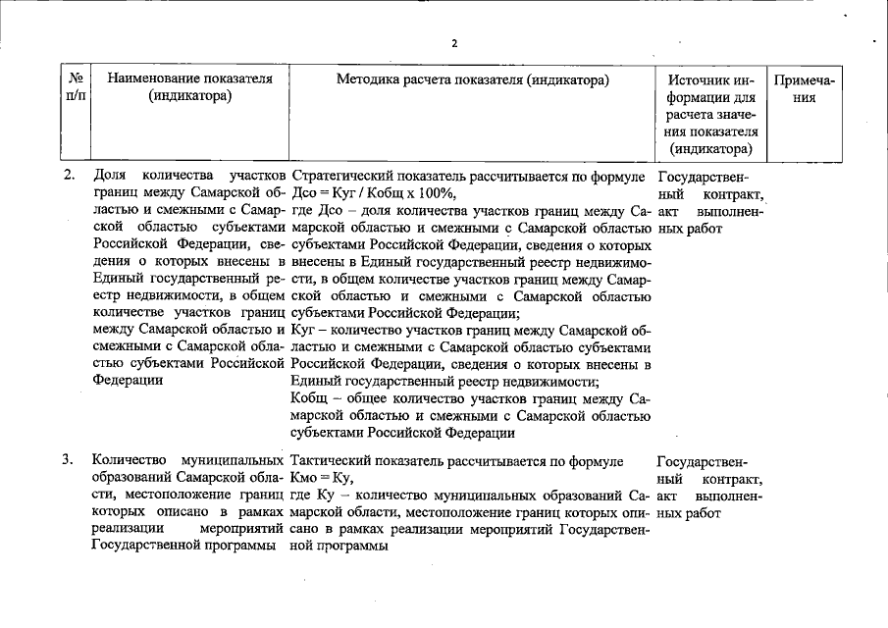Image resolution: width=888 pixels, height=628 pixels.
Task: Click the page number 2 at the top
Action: pos(454,43)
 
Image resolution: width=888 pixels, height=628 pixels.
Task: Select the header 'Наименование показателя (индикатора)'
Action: pos(190,87)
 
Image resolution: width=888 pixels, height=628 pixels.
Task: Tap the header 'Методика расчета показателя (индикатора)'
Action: pos(472,78)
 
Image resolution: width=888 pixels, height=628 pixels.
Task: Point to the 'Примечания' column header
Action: pos(804,87)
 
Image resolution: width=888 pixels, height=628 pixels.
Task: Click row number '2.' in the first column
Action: pos(70,176)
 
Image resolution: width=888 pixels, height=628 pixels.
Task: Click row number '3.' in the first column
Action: pos(70,460)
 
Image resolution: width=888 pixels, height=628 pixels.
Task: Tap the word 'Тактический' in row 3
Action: pos(329,460)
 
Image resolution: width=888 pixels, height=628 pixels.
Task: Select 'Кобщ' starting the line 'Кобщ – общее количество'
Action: pos(308,399)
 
